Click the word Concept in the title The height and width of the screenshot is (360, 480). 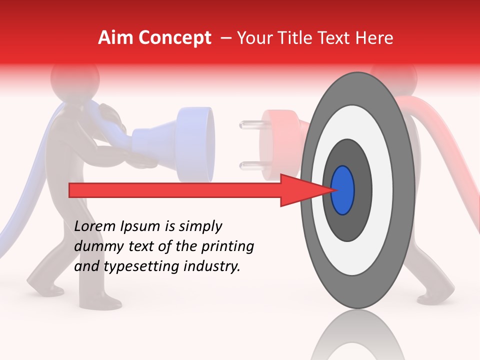pos(174,38)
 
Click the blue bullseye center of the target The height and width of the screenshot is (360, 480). pos(343,190)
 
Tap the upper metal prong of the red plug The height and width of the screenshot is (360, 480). pos(248,123)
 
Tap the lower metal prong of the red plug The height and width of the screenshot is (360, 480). pos(248,165)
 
